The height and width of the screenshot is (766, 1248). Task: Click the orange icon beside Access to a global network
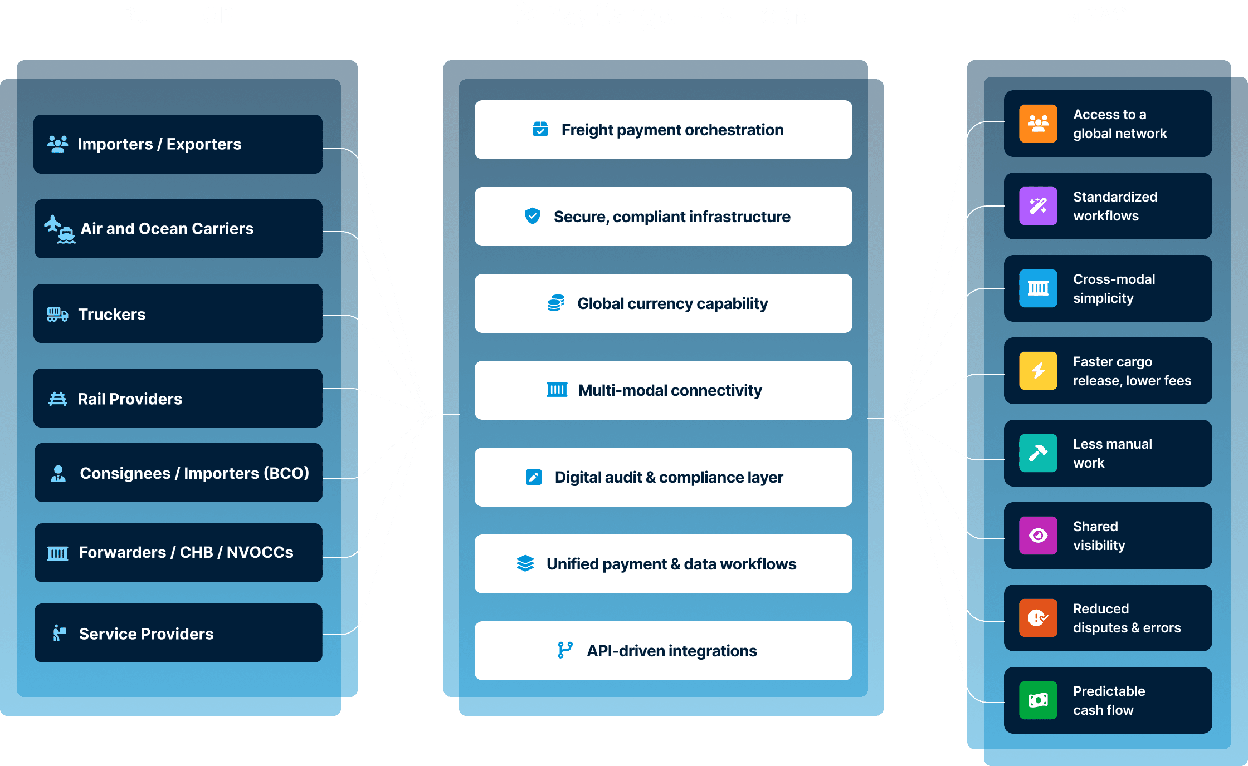coord(1038,124)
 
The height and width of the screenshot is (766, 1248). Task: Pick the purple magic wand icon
coord(1038,206)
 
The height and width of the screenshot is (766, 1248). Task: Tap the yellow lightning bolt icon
coord(1038,371)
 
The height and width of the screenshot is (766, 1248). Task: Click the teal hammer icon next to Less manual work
coord(1038,453)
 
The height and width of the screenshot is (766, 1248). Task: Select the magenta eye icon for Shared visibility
coord(1038,536)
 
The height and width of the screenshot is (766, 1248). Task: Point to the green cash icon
coord(1038,700)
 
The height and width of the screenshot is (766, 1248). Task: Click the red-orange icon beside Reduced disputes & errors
coord(1038,618)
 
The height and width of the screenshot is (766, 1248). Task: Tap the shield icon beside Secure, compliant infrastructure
coord(533,216)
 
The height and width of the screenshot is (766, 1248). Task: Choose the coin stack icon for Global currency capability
coord(555,303)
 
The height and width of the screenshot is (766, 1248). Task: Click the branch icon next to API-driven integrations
coord(565,650)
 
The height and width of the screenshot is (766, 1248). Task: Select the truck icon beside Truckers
coord(57,315)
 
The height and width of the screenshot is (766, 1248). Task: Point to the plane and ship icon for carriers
coord(60,229)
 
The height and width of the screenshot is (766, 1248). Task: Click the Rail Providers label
coord(130,399)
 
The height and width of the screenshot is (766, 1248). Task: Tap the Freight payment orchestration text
coord(672,130)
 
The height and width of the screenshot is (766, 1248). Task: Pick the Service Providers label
coord(146,634)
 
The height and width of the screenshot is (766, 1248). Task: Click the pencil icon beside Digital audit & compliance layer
coord(534,477)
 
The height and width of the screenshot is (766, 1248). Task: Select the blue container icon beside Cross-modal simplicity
coord(1038,288)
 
